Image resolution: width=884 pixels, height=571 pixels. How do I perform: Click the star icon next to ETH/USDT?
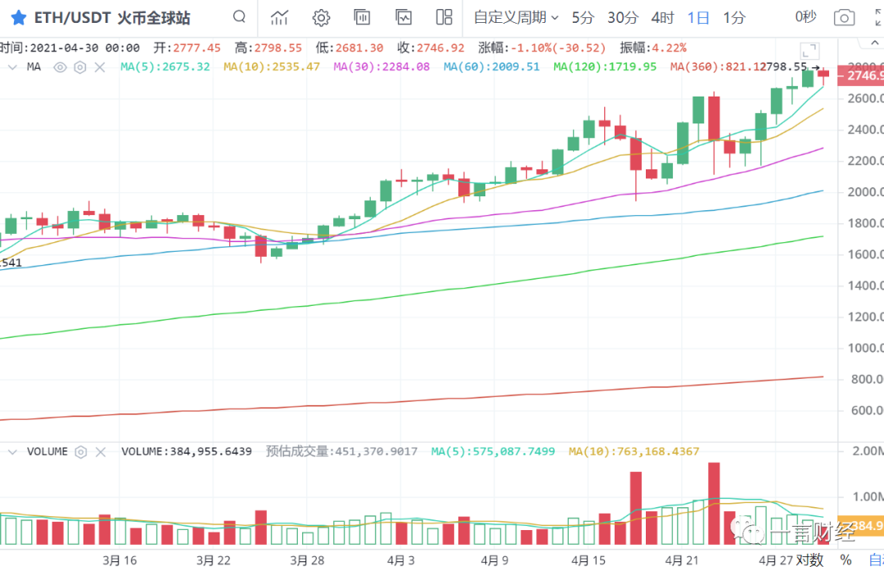point(18,17)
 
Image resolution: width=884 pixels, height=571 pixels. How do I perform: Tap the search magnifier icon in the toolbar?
point(239,17)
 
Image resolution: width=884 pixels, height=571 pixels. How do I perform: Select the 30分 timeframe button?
point(623,17)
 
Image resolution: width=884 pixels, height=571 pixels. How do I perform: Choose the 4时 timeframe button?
point(663,17)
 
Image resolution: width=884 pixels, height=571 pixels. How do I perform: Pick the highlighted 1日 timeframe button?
point(699,17)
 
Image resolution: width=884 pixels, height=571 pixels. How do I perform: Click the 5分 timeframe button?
point(584,17)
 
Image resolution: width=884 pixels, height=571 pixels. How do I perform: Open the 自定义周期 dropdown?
point(516,17)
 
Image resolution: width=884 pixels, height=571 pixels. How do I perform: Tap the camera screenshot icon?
point(844,17)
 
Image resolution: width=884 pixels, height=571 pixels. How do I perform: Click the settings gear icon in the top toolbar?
point(321,17)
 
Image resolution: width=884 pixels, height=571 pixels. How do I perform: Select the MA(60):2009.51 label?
point(491,67)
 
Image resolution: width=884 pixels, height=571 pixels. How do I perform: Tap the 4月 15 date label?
point(589,560)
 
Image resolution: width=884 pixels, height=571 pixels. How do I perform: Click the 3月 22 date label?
point(213,560)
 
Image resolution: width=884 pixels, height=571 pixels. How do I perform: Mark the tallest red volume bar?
point(714,503)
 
